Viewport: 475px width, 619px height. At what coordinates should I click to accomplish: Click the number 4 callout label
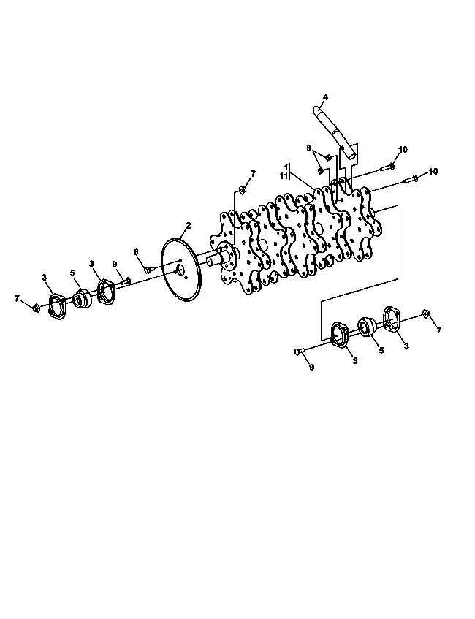325,96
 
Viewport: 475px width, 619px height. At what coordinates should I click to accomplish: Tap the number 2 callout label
189,225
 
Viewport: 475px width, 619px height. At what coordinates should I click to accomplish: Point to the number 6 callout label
136,252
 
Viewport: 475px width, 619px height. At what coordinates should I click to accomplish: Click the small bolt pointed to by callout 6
149,270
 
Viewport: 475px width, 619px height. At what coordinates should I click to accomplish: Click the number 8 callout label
309,148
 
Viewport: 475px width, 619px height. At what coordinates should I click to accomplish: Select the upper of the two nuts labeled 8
329,158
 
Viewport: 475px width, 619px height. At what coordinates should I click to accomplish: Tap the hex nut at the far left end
35,307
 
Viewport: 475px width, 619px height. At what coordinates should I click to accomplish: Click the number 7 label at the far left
17,299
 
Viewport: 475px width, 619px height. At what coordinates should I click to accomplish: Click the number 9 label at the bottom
311,367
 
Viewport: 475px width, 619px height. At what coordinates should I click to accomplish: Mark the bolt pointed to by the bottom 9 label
301,350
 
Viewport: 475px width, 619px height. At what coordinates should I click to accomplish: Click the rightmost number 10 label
433,172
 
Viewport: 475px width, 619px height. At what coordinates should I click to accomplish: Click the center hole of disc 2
180,270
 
